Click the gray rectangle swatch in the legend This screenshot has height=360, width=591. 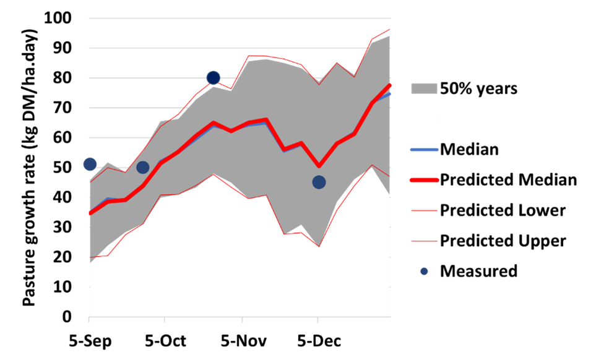tap(424, 88)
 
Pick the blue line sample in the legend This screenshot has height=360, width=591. tap(424, 150)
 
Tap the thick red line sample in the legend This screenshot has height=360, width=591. tap(424, 180)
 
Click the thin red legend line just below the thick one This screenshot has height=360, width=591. tap(424, 210)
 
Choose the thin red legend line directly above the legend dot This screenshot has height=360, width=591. tap(424, 241)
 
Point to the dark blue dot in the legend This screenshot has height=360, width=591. tap(424, 271)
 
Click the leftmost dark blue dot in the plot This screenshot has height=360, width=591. tap(90, 164)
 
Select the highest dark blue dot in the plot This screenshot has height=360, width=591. tap(214, 77)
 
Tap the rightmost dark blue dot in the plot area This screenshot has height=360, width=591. tap(319, 182)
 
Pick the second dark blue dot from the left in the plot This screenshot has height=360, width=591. tap(142, 167)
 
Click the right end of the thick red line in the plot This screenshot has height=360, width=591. tap(390, 85)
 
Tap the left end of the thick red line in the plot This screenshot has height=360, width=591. tap(90, 213)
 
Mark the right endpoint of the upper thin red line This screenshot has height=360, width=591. tap(389, 29)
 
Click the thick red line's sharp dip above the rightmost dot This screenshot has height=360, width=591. tap(319, 166)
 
